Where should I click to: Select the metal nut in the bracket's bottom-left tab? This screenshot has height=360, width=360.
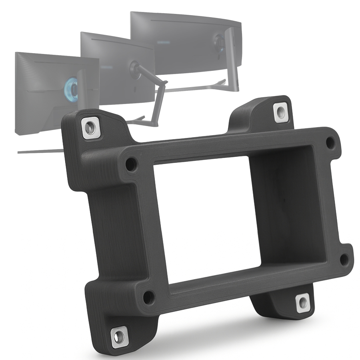pyautogui.click(x=120, y=335)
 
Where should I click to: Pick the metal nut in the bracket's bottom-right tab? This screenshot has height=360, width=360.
pyautogui.click(x=303, y=303)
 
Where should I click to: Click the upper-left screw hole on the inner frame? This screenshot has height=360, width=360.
pyautogui.click(x=131, y=164)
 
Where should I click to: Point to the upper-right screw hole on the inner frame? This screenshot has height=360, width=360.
pyautogui.click(x=330, y=142)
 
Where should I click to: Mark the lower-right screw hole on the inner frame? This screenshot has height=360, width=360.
pyautogui.click(x=344, y=259)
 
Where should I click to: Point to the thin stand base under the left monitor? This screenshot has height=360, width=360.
pyautogui.click(x=40, y=151)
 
